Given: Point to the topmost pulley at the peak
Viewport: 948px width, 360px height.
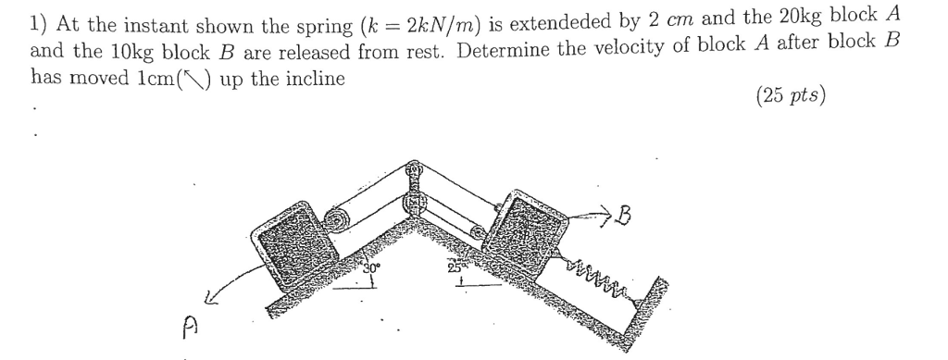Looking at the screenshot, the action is click(x=415, y=172).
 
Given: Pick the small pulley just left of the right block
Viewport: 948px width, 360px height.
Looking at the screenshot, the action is click(x=478, y=233).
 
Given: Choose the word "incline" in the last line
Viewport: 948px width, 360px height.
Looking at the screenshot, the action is click(x=315, y=78).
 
